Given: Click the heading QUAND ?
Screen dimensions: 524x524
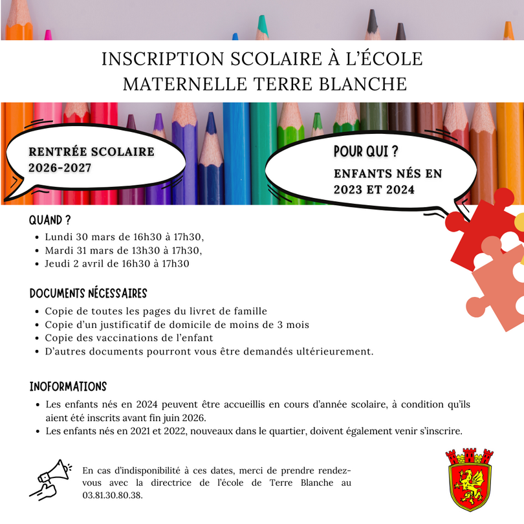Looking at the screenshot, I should pyautogui.click(x=50, y=221).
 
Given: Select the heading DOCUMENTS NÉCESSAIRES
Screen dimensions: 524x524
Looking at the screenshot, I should pyautogui.click(x=89, y=294).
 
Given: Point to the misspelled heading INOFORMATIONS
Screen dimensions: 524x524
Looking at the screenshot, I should pyautogui.click(x=68, y=387).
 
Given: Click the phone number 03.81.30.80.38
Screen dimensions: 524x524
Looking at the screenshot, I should pyautogui.click(x=113, y=496).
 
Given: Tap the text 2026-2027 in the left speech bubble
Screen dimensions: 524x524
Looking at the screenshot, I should pyautogui.click(x=60, y=168).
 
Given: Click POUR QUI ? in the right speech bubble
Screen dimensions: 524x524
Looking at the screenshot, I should pyautogui.click(x=366, y=151).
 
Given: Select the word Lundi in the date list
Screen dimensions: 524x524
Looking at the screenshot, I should pyautogui.click(x=59, y=237).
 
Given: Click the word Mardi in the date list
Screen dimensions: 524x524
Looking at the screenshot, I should pyautogui.click(x=60, y=250).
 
